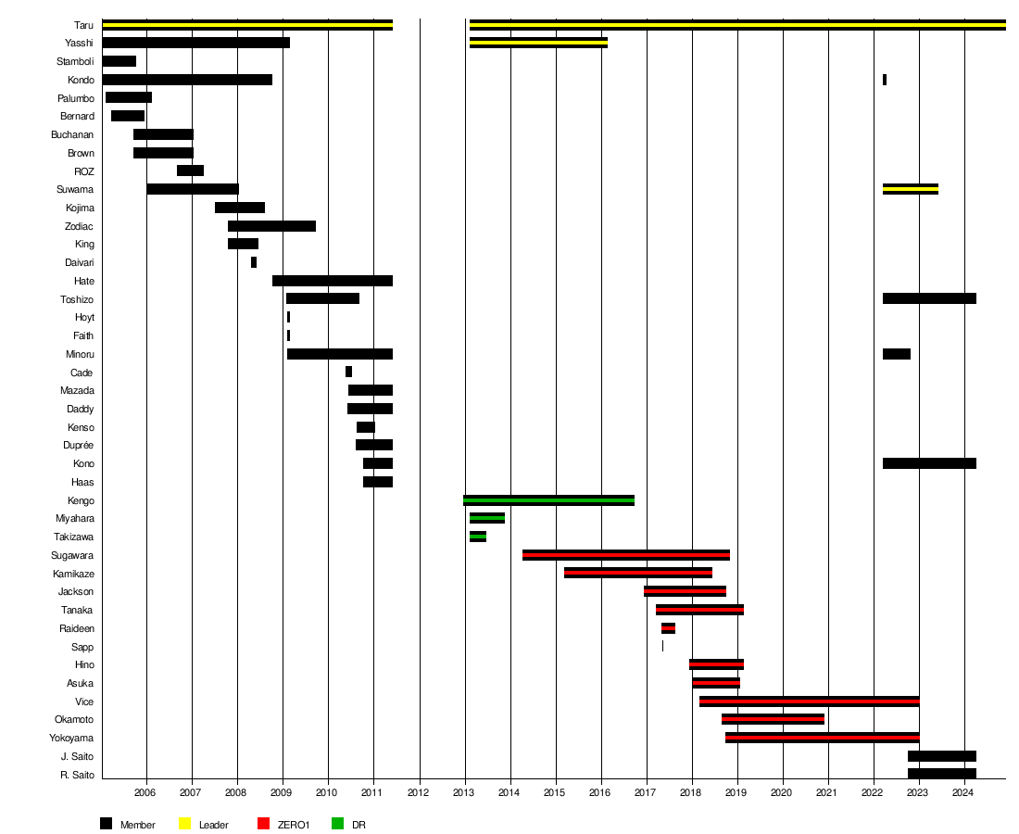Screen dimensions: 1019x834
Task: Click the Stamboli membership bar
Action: [x=119, y=61]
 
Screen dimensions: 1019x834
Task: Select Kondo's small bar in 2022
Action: [x=885, y=80]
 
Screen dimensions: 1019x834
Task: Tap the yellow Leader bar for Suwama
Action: [x=911, y=189]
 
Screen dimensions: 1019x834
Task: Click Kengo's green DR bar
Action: [x=548, y=500]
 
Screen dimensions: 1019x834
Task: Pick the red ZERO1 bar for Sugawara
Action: [x=626, y=555]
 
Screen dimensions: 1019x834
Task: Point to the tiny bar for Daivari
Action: [x=254, y=262]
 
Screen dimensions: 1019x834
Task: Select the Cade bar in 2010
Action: [x=348, y=372]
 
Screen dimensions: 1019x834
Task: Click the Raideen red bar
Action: [x=668, y=628]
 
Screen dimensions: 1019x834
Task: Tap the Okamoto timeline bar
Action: [x=773, y=720]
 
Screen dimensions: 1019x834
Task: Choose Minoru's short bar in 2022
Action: [x=896, y=354]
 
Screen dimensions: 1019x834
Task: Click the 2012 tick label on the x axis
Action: [x=418, y=792]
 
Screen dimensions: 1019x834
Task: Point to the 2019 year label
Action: [x=736, y=792]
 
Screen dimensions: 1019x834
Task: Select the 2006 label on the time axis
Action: [x=145, y=792]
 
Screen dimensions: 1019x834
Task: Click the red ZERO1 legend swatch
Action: [x=263, y=824]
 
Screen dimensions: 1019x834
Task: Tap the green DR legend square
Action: [x=337, y=824]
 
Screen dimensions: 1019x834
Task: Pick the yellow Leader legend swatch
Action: [x=184, y=824]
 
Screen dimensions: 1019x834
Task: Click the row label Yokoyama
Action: [x=71, y=739]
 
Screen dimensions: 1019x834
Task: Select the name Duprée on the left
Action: [x=78, y=446]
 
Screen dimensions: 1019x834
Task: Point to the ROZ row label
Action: [x=83, y=171]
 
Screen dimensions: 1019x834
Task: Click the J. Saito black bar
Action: [x=942, y=757]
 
